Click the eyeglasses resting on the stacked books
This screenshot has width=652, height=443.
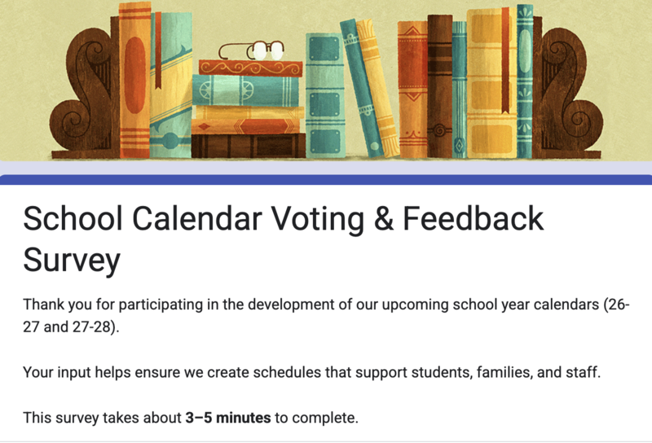pos(254,50)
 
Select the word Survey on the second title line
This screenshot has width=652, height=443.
pos(72,260)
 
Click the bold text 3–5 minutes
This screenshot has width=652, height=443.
pos(227,419)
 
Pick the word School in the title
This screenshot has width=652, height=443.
pos(68,219)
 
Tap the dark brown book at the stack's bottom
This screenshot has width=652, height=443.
pos(248,146)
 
